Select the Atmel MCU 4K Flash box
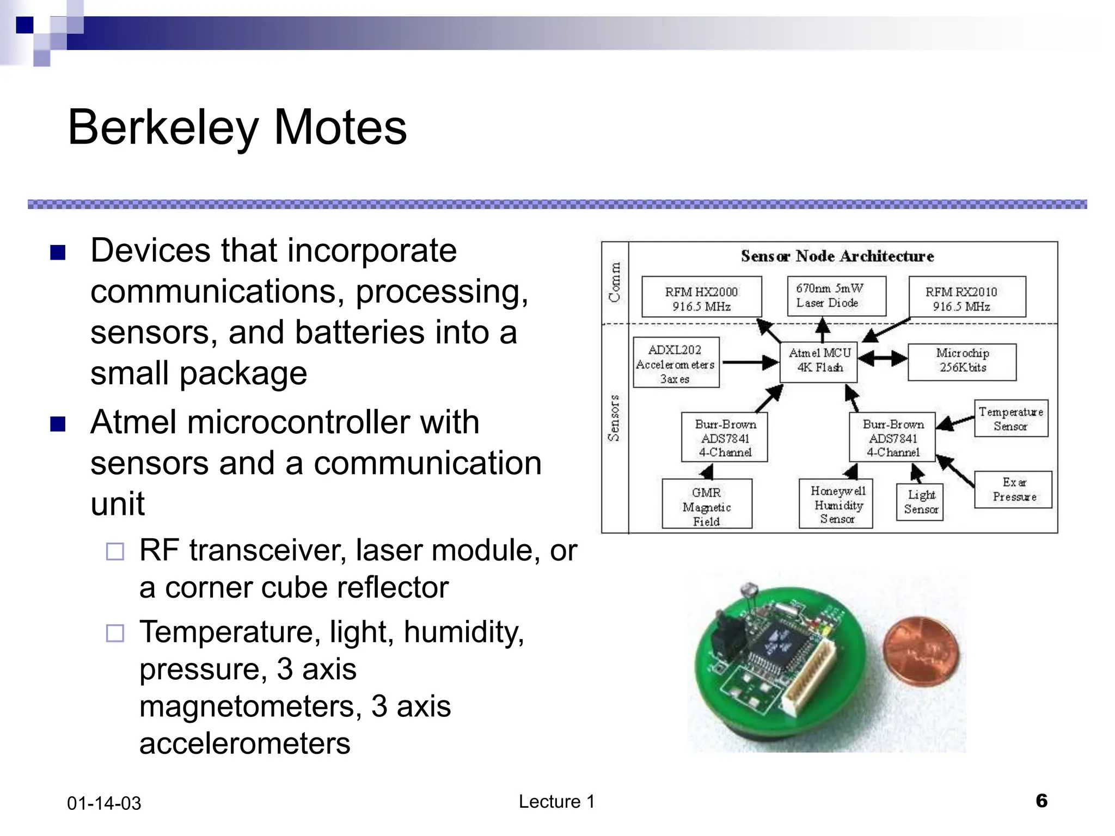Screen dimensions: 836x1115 [819, 361]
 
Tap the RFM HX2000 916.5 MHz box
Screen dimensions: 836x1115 [701, 298]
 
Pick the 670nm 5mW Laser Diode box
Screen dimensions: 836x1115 [836, 296]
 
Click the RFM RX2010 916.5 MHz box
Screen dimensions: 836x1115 [967, 298]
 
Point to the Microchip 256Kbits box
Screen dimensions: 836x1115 [962, 361]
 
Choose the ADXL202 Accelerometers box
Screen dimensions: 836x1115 [676, 363]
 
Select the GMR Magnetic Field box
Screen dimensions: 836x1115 [707, 505]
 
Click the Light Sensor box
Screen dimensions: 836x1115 [920, 502]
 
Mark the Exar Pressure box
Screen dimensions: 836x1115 [1013, 490]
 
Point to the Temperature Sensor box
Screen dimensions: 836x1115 [1011, 419]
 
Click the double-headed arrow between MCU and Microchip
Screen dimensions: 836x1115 [883, 359]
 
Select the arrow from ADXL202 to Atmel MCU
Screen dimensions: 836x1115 [750, 362]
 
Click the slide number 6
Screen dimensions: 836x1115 [1041, 801]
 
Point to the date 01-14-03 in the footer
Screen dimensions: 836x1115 [104, 803]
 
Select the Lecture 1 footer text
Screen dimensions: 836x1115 [556, 802]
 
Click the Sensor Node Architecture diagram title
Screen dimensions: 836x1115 [837, 256]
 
